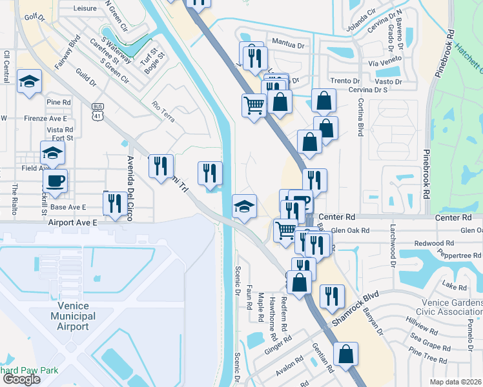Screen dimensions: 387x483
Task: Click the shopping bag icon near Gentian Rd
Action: tap(346, 354)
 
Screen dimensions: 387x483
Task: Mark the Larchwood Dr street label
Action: tap(392, 245)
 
